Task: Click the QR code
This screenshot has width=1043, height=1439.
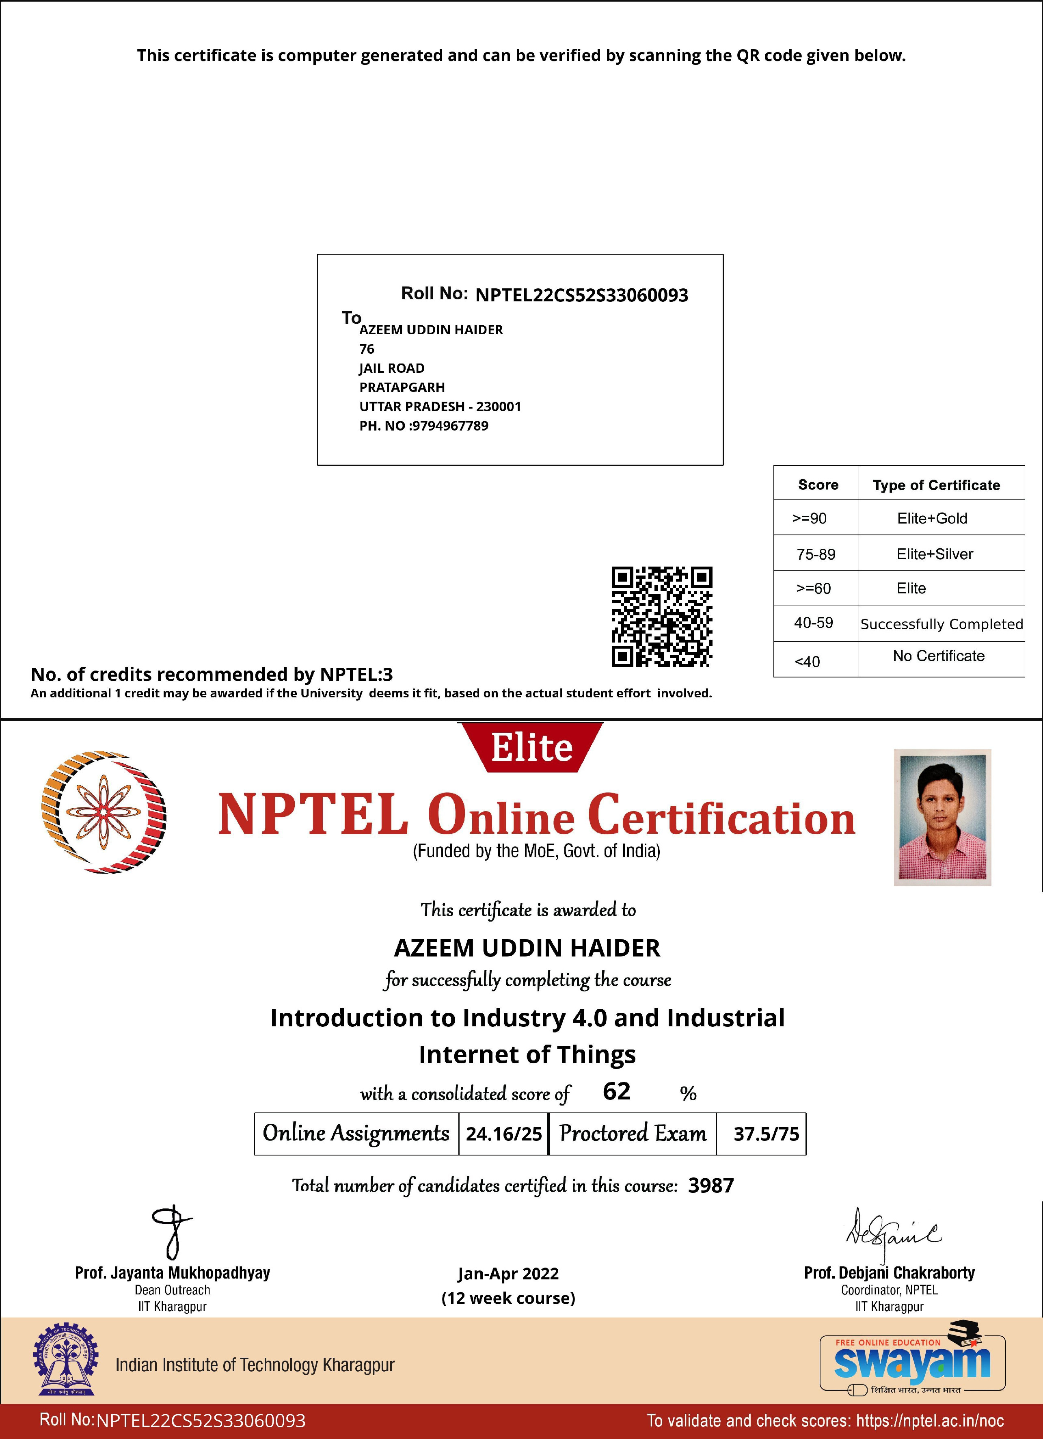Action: coord(661,616)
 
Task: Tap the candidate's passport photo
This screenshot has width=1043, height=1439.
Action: coord(942,817)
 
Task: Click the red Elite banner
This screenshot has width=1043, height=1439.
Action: coord(531,747)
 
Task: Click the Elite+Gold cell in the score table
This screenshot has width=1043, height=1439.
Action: coord(932,518)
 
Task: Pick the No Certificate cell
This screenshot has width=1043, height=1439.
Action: coord(938,656)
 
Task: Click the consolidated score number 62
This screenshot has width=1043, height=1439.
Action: coord(616,1091)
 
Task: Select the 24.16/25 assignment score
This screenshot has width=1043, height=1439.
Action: coord(503,1134)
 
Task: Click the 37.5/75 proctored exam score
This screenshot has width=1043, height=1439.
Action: coord(766,1134)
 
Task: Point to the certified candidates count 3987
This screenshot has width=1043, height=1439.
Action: coord(711,1185)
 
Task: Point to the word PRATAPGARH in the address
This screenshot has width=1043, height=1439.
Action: coord(402,387)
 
